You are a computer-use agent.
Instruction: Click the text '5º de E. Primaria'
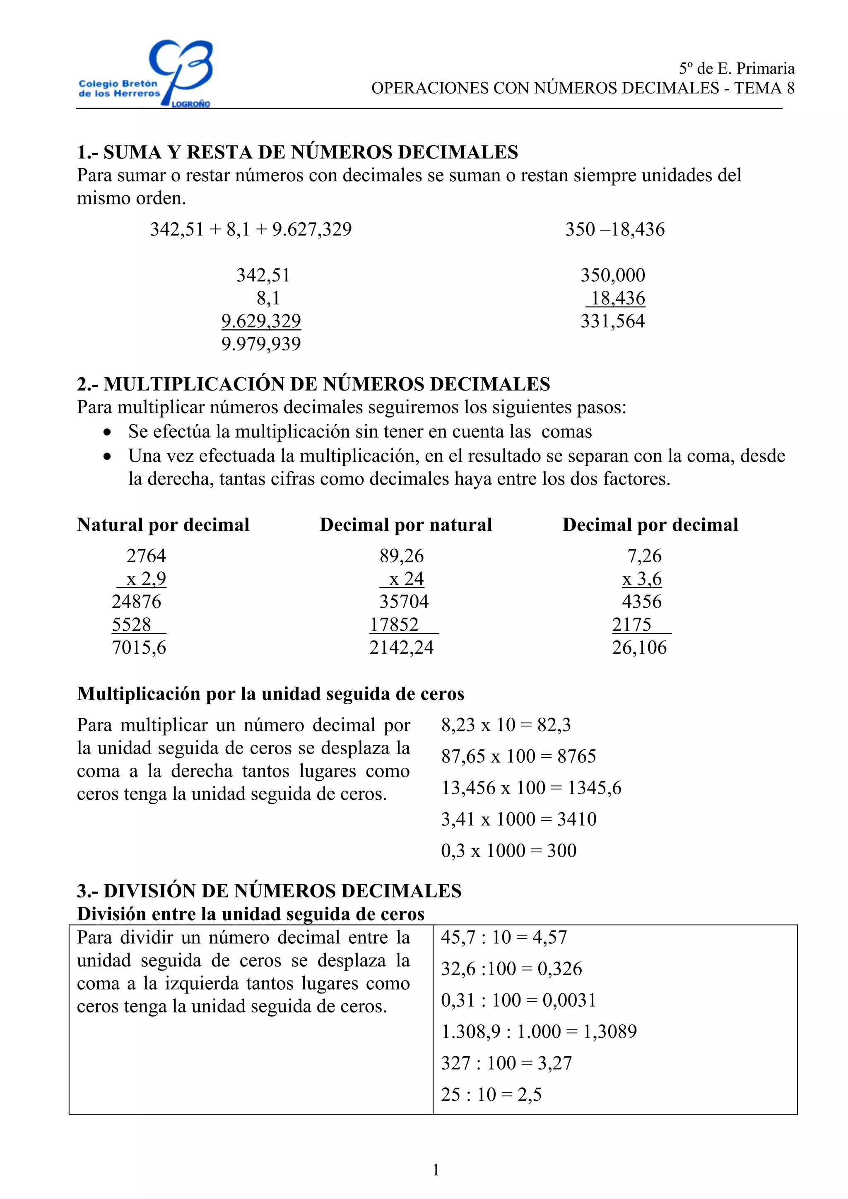tap(737, 68)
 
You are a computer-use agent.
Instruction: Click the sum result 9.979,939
tap(261, 344)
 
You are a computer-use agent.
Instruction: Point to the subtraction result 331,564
tap(612, 321)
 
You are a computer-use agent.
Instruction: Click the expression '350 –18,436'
tap(614, 229)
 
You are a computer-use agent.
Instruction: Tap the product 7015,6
tap(139, 647)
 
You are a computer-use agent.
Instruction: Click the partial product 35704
tap(404, 602)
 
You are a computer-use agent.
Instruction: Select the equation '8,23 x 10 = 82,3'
tap(506, 725)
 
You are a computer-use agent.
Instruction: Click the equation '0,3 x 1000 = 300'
tap(508, 851)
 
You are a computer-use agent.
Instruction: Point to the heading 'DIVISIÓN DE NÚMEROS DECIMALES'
tap(282, 891)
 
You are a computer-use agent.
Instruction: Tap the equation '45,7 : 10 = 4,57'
tap(503, 938)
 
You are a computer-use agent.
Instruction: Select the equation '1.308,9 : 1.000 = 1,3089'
tap(539, 1031)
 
